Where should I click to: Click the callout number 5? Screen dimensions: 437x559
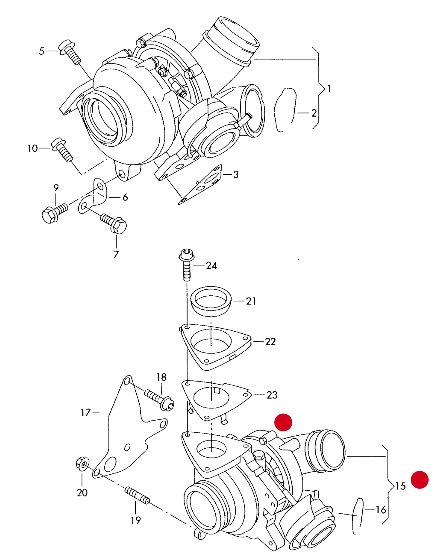41,51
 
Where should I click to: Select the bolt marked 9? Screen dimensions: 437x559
55,212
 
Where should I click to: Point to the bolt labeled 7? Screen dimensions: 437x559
114,223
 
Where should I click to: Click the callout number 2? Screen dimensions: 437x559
314,113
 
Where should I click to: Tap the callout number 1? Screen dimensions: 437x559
329,89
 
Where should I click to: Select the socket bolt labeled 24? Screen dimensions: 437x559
187,265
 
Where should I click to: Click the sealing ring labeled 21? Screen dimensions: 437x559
211,301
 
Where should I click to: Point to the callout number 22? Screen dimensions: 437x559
270,342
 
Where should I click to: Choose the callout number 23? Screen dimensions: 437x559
272,395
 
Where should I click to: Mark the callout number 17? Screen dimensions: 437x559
86,412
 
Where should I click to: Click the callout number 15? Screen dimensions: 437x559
400,486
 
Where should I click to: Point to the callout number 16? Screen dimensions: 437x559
381,510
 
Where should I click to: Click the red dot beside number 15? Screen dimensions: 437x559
419,479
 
